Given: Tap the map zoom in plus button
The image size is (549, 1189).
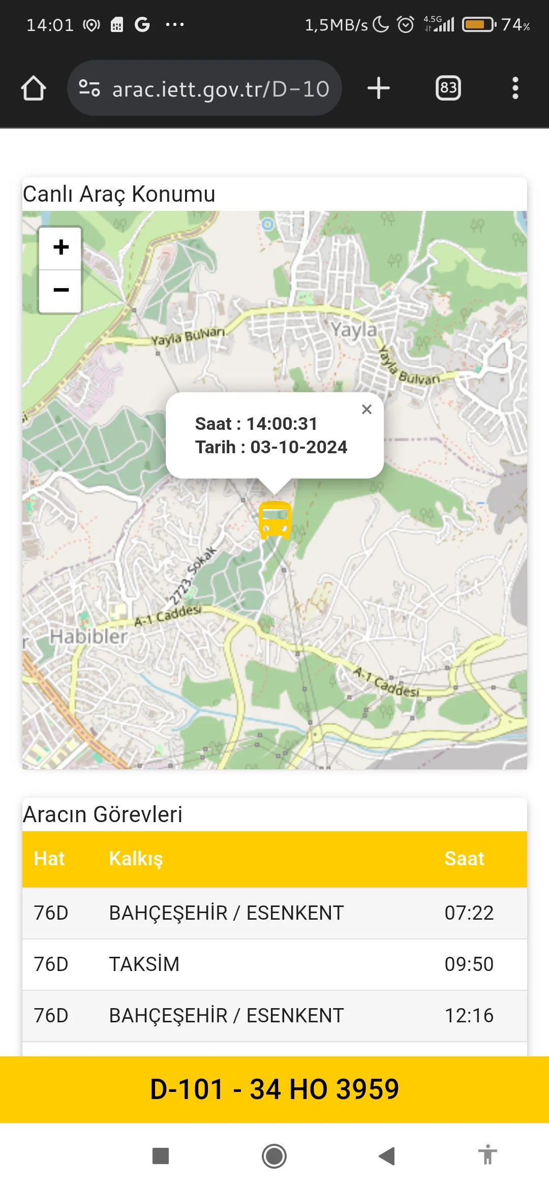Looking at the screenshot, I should pyautogui.click(x=60, y=247).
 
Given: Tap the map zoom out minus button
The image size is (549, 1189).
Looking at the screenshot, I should pyautogui.click(x=60, y=290).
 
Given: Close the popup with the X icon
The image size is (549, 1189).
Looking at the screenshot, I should pyautogui.click(x=367, y=409).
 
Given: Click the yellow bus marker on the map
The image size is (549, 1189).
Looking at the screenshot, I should pyautogui.click(x=274, y=520).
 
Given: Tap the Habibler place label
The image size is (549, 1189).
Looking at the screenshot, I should pyautogui.click(x=88, y=636).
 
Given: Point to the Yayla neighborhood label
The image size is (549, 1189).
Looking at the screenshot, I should pyautogui.click(x=354, y=330).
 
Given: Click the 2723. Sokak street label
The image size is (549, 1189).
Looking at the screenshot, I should pyautogui.click(x=192, y=575).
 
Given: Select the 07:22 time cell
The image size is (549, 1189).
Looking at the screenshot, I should pyautogui.click(x=469, y=913).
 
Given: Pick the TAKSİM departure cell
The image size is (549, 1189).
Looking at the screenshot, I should pyautogui.click(x=144, y=964).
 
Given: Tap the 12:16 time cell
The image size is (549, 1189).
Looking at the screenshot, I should pyautogui.click(x=469, y=1016).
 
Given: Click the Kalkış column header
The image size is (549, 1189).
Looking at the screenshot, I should pyautogui.click(x=136, y=859).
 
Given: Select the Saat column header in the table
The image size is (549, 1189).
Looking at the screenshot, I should pyautogui.click(x=464, y=859).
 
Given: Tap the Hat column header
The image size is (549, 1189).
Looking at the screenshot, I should pyautogui.click(x=49, y=859).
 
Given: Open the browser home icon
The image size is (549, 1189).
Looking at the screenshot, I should pyautogui.click(x=34, y=88).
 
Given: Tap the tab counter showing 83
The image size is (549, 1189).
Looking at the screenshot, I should pyautogui.click(x=448, y=88).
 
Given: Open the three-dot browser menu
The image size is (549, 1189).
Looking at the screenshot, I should pyautogui.click(x=515, y=88).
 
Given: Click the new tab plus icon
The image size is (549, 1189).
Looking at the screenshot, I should pyautogui.click(x=379, y=88).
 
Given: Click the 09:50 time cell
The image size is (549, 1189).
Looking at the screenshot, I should pyautogui.click(x=469, y=964).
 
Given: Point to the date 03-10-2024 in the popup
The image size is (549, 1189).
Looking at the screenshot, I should pyautogui.click(x=298, y=447).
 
